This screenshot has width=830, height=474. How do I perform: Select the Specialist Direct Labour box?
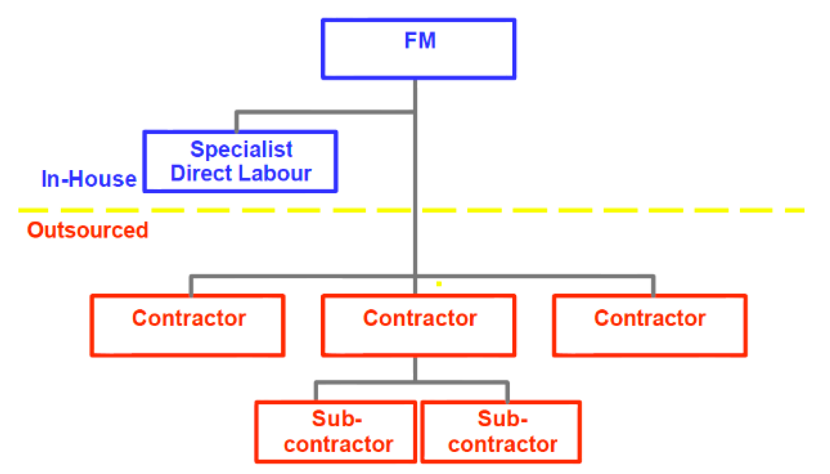240,161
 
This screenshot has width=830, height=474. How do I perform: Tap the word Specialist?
241,149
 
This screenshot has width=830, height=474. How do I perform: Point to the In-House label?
89,179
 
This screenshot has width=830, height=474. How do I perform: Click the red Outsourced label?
88,230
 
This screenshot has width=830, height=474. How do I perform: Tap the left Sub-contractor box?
335,432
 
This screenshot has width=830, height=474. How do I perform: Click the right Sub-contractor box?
501,432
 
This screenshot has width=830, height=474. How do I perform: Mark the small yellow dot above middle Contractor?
439,284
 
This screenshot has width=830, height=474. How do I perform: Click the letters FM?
420,41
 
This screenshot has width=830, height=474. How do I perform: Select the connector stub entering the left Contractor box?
191,286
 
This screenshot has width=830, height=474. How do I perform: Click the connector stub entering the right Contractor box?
654,286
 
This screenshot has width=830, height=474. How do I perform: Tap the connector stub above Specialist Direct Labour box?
236,122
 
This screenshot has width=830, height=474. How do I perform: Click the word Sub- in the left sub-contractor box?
336,418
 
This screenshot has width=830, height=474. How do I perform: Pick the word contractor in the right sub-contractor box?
503,444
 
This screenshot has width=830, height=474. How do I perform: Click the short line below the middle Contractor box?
415,368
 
